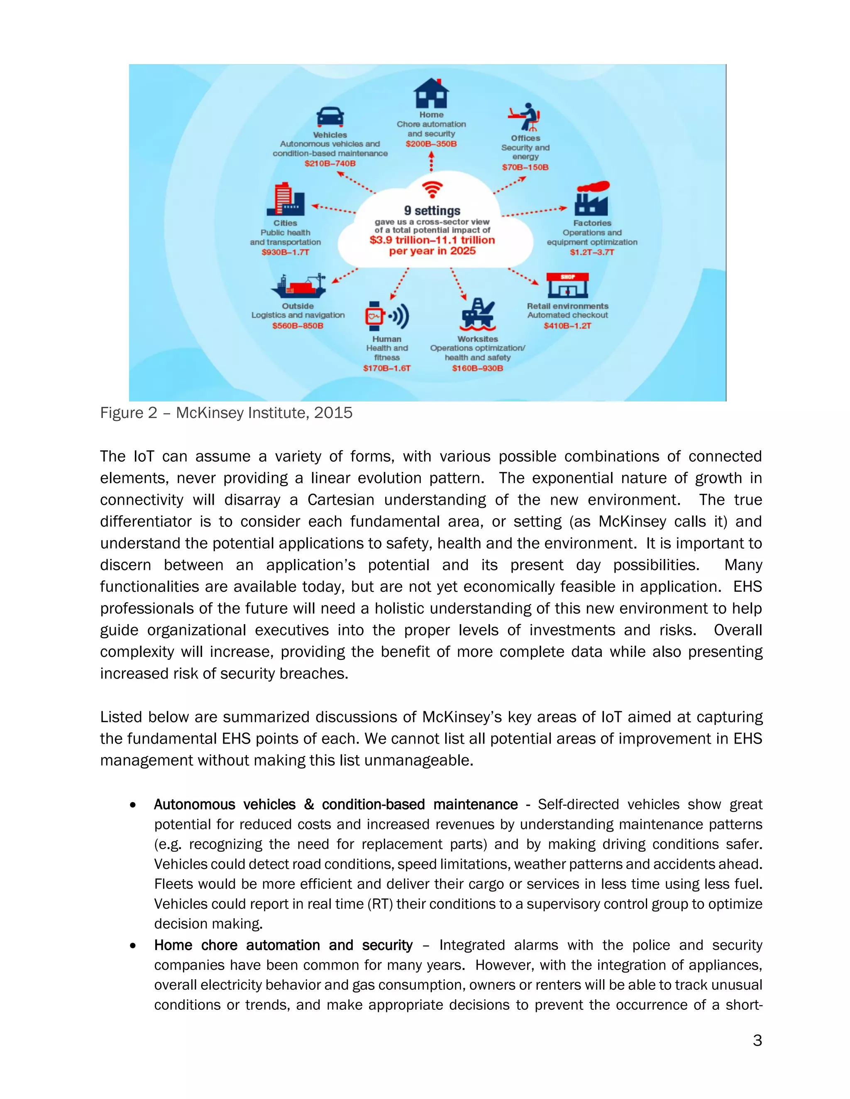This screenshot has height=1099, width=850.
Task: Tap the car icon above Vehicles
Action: (330, 117)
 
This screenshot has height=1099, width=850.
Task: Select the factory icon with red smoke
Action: (592, 199)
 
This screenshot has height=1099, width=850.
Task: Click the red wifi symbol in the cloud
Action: (432, 190)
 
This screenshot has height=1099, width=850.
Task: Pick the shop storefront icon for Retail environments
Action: (567, 285)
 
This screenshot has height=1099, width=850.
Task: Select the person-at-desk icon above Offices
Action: (525, 117)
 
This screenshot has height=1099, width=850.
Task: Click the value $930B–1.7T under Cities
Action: (285, 252)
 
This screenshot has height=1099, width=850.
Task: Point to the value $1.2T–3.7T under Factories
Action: (592, 252)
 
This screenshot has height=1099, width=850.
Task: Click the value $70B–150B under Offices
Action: (525, 167)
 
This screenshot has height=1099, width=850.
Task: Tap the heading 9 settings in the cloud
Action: (432, 210)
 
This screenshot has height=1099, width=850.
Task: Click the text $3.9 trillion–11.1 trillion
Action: (432, 240)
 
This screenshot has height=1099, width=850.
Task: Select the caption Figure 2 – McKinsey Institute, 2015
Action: (226, 413)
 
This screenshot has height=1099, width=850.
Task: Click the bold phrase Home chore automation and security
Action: (283, 945)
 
